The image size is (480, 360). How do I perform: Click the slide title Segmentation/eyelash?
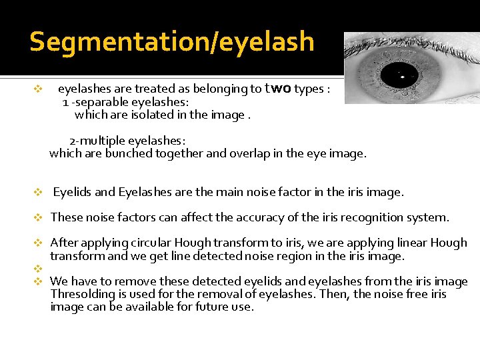pyautogui.click(x=172, y=41)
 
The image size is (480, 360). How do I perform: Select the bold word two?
pyautogui.click(x=278, y=89)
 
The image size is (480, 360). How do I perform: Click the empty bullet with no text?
pyautogui.click(x=38, y=269)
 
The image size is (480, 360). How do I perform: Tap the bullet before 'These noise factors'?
pyautogui.click(x=38, y=218)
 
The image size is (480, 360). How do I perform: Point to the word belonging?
pyautogui.click(x=234, y=89)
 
